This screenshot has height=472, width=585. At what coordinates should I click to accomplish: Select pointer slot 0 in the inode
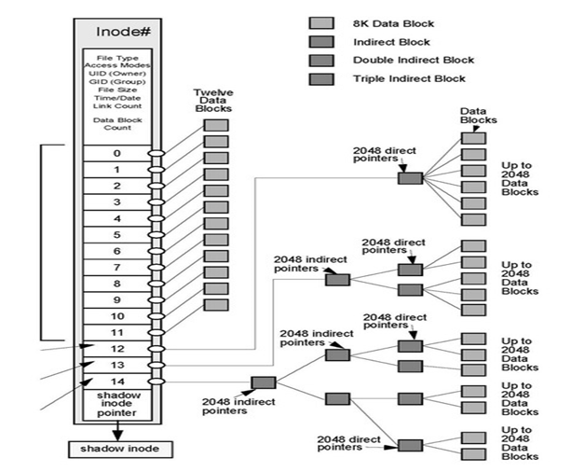pos(116,153)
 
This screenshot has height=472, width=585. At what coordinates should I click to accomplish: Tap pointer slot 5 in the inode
pos(116,234)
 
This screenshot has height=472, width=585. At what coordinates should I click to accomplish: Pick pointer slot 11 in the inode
pos(116,332)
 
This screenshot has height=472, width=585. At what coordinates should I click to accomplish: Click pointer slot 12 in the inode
pos(116,348)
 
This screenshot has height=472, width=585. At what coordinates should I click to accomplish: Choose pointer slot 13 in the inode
pos(116,365)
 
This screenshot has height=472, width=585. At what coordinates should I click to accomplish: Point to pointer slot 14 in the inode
pos(116,381)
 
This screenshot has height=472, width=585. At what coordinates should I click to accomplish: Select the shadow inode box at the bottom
pos(116,449)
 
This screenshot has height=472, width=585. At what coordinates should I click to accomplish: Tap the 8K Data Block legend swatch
pos(320,22)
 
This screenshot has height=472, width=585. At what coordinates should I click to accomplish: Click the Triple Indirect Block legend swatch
pos(320,78)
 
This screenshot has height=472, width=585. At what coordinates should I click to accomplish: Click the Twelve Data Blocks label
pos(212,101)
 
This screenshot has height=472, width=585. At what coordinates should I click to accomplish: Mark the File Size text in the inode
pos(116,89)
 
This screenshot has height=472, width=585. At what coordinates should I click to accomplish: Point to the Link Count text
pos(116,106)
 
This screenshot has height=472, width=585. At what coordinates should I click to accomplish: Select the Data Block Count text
pos(116,124)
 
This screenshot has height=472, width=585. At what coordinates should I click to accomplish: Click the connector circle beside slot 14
pos(156,381)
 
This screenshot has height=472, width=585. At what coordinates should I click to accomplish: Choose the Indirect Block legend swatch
pos(320,41)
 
